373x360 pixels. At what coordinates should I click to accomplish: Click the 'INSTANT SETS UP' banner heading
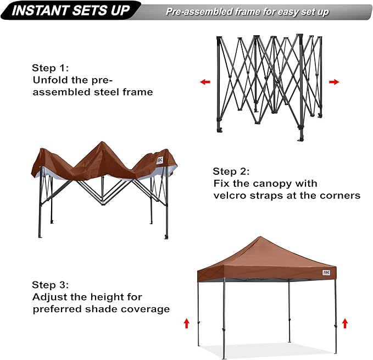(x=71, y=11)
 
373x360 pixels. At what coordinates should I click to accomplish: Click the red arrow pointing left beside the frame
(x=205, y=82)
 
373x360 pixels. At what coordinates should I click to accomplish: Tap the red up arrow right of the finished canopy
(x=345, y=323)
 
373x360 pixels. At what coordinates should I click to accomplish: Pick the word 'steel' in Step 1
(x=109, y=92)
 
